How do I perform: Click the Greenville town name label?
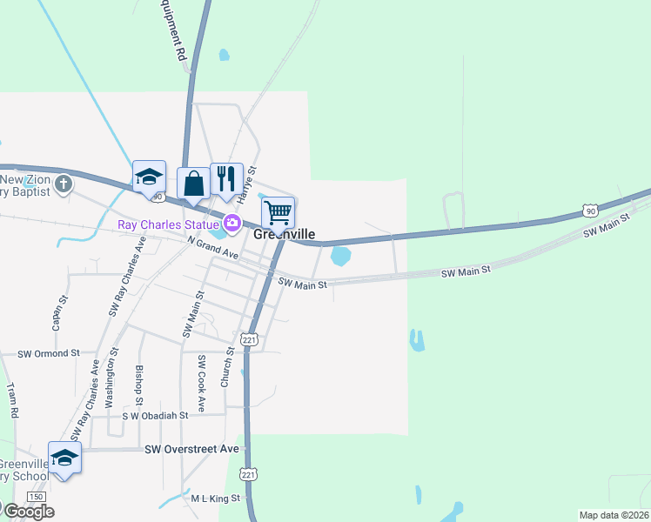284,235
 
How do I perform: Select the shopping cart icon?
279,211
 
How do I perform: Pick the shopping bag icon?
193,183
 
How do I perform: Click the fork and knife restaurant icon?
226,178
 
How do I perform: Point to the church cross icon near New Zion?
64,184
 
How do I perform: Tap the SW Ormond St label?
49,353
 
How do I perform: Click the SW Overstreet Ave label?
191,449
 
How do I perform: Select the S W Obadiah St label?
155,416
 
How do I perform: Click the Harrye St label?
246,185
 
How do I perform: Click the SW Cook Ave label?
201,383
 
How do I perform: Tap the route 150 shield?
36,496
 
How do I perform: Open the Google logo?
28,511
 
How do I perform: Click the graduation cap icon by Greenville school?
65,457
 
